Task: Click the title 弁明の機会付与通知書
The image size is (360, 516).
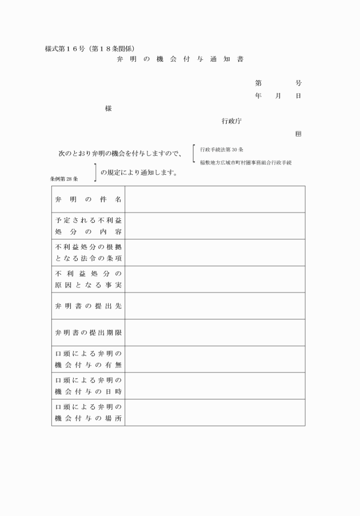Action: pos(179,59)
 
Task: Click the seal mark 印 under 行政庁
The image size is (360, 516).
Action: pos(298,134)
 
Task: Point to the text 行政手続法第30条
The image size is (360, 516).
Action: pos(222,150)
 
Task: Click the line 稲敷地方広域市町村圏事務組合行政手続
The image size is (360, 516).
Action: pos(246,163)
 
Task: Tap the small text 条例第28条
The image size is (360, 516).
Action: pos(63,179)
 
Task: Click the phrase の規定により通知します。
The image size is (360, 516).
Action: pos(138,172)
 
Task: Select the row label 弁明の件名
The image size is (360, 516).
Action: pos(88,199)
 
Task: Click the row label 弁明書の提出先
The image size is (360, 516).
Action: pos(88,306)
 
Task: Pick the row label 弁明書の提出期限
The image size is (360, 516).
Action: pos(88,333)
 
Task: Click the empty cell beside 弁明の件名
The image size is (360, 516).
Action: pos(215,199)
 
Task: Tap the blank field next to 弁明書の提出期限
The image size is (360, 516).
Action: pos(215,333)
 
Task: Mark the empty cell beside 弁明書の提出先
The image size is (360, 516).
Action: pos(215,306)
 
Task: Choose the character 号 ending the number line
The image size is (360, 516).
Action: pos(298,83)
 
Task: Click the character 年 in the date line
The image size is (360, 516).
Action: pos(258,96)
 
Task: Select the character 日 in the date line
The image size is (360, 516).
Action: pos(298,96)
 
